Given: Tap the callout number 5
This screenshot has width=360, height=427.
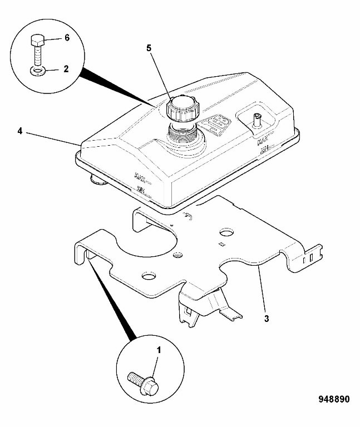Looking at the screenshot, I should click(x=149, y=48).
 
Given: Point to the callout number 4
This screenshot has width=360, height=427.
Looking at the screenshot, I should click(x=19, y=131).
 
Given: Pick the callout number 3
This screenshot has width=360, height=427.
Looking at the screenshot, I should click(x=267, y=319).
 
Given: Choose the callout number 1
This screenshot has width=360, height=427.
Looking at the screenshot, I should click(x=159, y=350).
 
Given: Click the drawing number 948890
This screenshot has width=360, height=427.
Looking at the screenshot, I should click(x=334, y=399).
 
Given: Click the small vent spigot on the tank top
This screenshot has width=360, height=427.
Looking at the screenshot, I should click(x=257, y=120).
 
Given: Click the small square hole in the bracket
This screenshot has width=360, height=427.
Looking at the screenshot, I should click(x=221, y=243).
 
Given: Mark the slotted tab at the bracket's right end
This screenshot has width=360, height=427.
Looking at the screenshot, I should click(x=309, y=257).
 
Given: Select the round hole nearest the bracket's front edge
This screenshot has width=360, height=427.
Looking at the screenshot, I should click(x=149, y=275).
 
